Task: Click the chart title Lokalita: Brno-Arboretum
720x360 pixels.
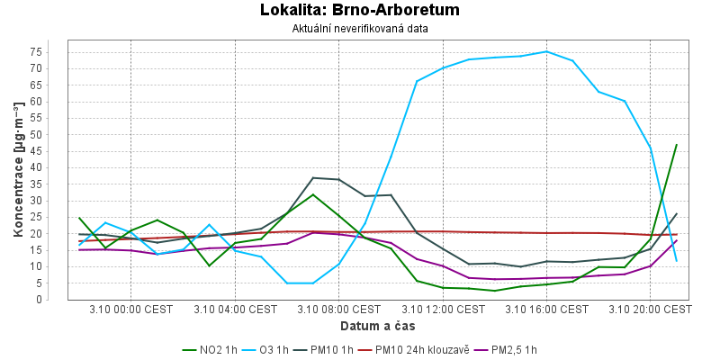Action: point(359,11)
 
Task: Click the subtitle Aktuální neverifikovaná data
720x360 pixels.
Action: point(359,29)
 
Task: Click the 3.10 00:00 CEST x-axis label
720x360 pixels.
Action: point(130,310)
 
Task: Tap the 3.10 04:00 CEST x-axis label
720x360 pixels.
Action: point(235,310)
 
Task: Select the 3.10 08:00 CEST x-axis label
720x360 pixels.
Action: point(338,310)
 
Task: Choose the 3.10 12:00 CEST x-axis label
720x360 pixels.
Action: point(442,310)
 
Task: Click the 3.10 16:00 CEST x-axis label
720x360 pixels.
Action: point(546,310)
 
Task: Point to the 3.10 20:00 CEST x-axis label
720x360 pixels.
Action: point(650,310)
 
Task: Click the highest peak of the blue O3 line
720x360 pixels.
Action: point(546,51)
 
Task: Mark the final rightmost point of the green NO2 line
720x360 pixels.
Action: point(676,145)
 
